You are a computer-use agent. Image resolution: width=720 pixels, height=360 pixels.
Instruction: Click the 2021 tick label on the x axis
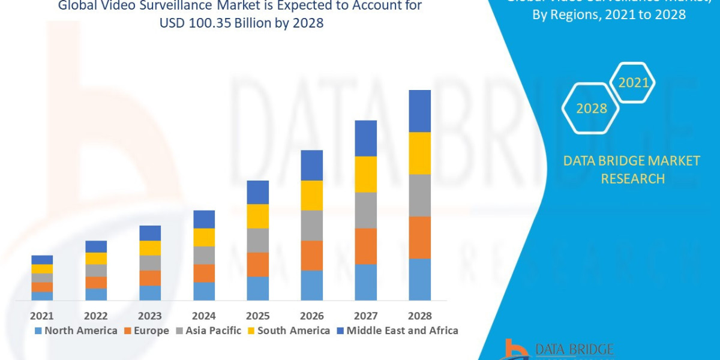42,316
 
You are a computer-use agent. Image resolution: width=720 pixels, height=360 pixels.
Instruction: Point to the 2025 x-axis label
258,316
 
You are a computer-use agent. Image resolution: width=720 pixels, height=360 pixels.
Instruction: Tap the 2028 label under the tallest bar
419,316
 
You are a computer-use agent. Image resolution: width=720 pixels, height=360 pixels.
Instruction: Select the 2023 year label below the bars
150,316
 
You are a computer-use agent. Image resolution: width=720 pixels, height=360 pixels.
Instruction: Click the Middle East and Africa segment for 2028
419,111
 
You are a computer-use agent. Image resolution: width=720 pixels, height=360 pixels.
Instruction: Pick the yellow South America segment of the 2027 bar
365,174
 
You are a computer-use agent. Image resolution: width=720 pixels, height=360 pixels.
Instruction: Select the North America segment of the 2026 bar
311,285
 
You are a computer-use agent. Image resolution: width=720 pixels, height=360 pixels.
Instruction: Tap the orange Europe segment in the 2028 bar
419,237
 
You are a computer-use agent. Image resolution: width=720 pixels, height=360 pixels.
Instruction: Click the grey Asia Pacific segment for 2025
258,240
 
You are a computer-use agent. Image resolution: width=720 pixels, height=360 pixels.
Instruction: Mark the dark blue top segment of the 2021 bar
42,260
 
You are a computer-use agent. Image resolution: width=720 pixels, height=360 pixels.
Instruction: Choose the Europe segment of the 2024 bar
204,273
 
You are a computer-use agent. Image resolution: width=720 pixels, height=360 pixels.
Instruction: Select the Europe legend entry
147,331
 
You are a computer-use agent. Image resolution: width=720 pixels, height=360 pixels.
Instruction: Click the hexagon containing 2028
591,109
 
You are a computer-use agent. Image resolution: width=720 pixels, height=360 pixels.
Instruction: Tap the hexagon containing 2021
633,82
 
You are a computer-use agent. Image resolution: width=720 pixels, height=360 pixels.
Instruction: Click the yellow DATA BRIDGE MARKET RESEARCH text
632,170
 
